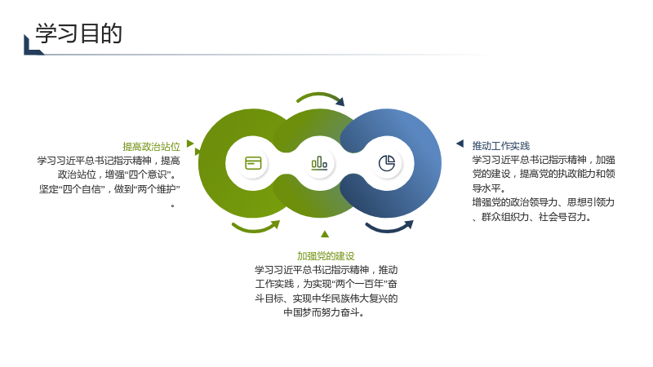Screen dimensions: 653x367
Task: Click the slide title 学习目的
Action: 78,33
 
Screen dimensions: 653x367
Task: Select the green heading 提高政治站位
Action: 151,147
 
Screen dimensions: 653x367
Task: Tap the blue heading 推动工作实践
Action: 501,146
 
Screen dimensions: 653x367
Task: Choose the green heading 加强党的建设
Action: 326,256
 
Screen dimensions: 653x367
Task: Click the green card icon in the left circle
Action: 253,163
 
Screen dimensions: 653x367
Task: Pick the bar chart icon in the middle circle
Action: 319,163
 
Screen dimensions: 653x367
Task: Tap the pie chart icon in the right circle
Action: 387,163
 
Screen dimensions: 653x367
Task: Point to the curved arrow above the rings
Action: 320,95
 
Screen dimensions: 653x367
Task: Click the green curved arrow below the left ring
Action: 255,229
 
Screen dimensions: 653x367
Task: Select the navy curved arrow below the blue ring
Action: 389,229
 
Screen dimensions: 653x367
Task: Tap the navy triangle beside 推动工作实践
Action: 460,144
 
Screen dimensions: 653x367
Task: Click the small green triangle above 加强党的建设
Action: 325,234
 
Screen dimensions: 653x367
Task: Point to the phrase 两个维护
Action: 158,189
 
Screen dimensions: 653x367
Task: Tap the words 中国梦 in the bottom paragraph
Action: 297,312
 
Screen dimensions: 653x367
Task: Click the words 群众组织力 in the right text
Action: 505,217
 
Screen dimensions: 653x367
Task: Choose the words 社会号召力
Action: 562,217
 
